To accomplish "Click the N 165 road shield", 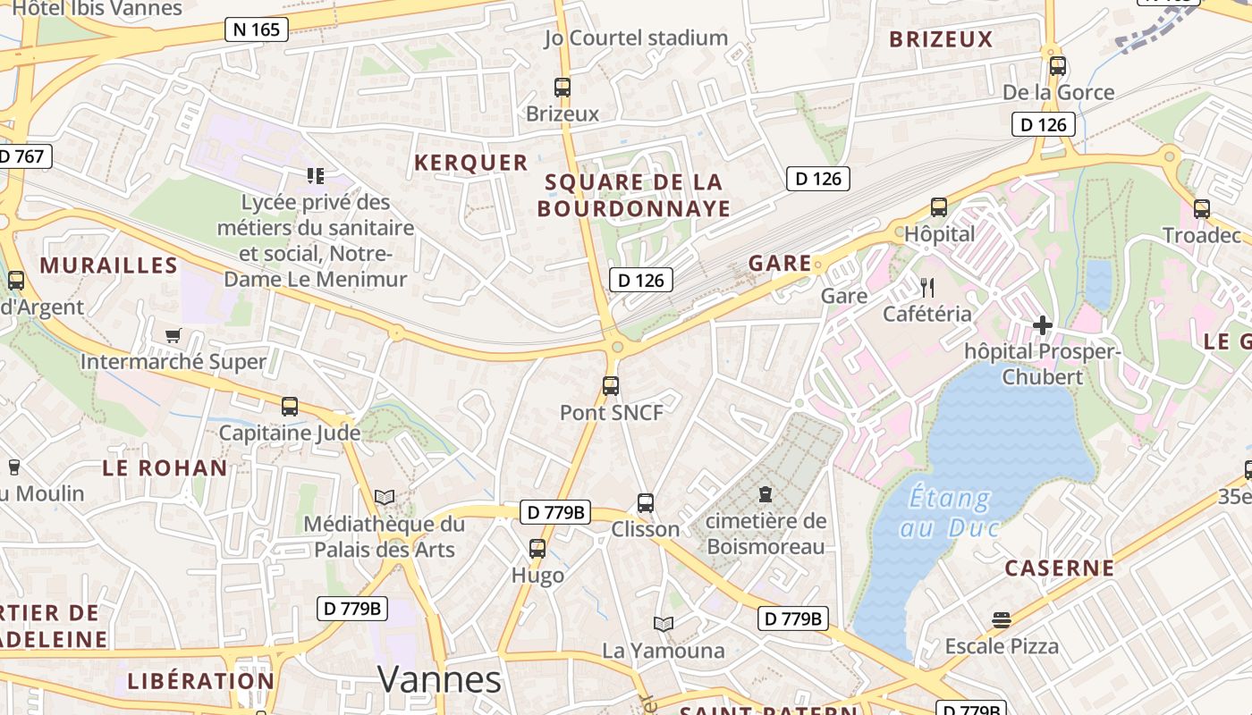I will point(256,29).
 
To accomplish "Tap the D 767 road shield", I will point(22,156).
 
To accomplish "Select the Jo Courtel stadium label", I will point(636,38).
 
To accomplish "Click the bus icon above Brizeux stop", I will point(563,88).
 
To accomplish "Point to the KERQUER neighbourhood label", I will point(470,163).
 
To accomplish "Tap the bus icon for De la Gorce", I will point(1058,66).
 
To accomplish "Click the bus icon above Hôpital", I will point(939,207).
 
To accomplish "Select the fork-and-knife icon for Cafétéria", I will point(927,287).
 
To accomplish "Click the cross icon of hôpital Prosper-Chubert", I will point(1042,325).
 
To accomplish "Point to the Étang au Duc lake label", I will point(949,512).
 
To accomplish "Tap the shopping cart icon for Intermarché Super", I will point(173,335).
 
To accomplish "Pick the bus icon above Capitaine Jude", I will point(290,407).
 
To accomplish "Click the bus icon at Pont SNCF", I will point(611,386).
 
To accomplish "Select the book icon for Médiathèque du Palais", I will point(385,497).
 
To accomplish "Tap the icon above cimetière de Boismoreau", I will point(766,493).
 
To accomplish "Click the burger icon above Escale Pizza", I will point(1002,619).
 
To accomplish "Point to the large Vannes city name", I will point(439,679).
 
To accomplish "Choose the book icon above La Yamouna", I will point(663,624).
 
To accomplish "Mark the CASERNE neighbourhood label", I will point(1060,568).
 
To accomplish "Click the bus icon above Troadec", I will point(1202,209).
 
